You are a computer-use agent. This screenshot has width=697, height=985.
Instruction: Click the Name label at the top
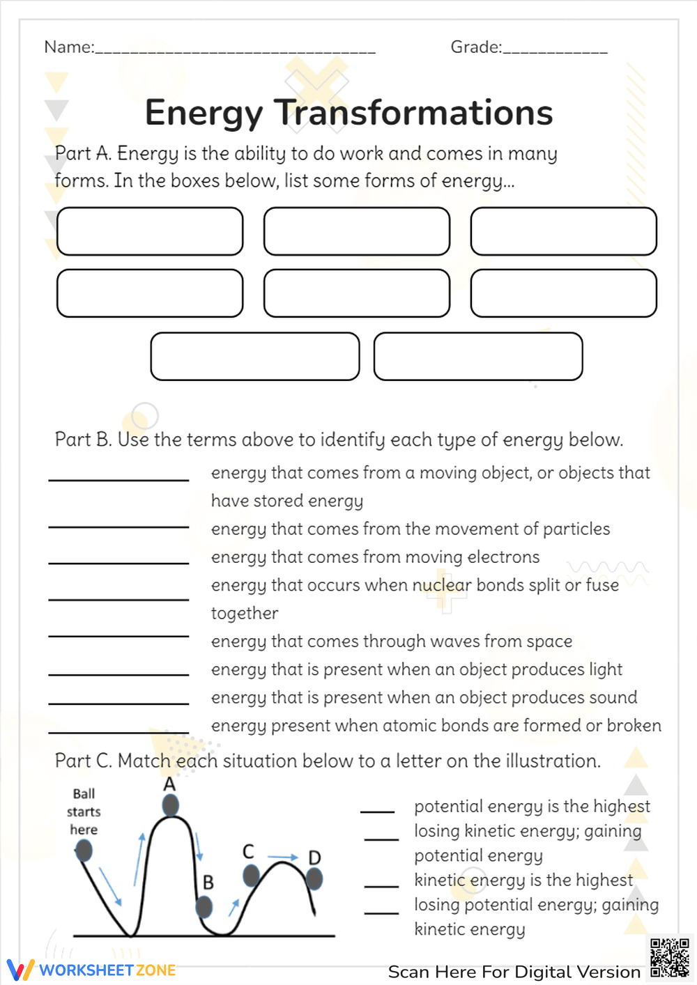point(68,47)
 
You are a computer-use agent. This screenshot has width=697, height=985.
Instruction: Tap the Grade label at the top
point(475,47)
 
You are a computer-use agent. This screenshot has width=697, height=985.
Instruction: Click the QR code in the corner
point(669,958)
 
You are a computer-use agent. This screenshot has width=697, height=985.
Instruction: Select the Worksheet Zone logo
point(91,970)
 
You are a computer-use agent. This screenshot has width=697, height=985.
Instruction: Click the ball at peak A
point(170,806)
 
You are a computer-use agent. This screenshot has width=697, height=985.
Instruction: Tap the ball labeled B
point(204,906)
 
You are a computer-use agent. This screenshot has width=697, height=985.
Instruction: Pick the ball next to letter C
point(251,876)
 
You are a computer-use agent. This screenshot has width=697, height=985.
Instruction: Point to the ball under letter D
point(314,879)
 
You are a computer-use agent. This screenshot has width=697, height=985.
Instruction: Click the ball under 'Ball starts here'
point(84,851)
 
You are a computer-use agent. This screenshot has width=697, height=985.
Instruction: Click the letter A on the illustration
point(169,784)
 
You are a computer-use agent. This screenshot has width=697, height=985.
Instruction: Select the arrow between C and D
point(283,857)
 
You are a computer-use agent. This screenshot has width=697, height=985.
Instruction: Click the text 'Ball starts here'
point(84,812)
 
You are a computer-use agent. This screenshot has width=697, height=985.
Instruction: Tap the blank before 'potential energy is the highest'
point(377,812)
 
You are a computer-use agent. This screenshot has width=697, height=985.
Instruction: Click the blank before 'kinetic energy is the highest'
point(381,885)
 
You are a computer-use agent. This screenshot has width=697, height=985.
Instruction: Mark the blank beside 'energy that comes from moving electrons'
point(118,562)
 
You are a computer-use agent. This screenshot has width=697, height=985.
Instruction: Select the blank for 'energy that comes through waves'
point(118,635)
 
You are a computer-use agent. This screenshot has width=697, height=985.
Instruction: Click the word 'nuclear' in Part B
point(442,585)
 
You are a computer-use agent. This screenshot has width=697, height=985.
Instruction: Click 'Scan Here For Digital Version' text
point(514,972)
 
